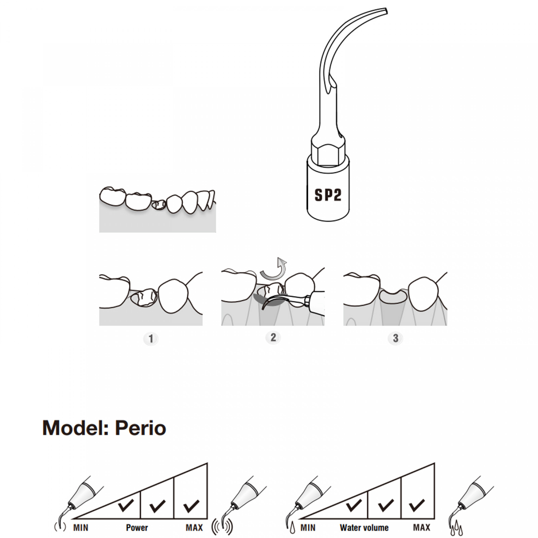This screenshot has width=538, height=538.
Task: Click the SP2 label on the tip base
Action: [328, 195]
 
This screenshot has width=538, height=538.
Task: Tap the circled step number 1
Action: [151, 338]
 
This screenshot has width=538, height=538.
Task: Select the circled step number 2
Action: [273, 337]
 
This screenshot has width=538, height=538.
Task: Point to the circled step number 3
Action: [395, 338]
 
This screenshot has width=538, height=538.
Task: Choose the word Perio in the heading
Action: [140, 428]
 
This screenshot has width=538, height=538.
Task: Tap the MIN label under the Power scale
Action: [81, 528]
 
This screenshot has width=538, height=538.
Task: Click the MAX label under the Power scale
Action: [194, 528]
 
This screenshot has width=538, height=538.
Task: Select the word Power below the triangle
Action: [137, 528]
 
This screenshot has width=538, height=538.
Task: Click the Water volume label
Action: [364, 528]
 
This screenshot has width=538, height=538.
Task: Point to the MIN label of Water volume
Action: [308, 528]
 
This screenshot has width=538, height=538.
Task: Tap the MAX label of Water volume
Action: [421, 528]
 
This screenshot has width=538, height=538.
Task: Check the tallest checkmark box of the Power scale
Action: [191, 506]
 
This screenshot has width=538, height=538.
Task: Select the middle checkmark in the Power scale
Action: [157, 506]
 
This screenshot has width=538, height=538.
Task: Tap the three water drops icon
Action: [456, 528]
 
